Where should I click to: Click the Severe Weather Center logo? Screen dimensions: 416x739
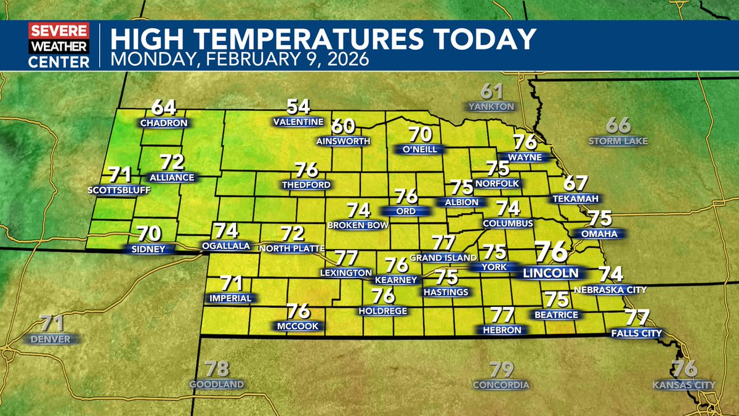59,46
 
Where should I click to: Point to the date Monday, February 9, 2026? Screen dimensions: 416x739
240,60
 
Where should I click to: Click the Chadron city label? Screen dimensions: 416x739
163,123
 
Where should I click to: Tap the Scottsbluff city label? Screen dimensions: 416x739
119,190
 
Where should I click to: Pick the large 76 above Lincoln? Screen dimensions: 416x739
551,252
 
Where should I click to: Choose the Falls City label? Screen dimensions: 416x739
636,333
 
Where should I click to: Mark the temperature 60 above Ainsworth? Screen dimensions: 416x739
344,126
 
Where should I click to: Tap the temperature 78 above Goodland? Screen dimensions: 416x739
217,369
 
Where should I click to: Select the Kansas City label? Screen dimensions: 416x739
684,385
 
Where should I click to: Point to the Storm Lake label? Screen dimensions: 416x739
618,141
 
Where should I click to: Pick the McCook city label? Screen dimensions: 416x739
297,326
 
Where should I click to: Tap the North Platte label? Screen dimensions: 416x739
292,248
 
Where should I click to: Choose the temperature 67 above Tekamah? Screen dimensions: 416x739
576,183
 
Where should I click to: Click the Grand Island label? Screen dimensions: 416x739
443,257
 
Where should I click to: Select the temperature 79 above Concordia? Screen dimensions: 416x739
501,370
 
